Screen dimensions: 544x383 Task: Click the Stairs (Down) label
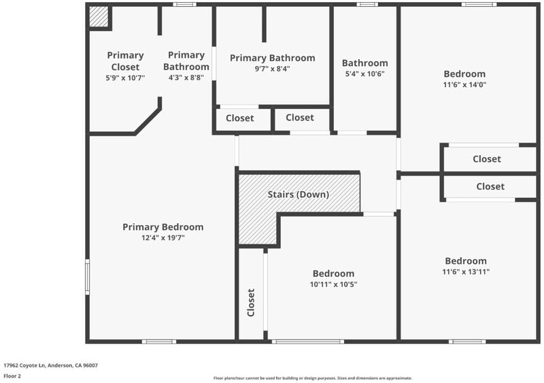pos(299,195)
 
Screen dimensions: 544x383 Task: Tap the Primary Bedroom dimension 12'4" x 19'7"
pos(163,238)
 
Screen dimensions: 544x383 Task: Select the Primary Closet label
pos(125,61)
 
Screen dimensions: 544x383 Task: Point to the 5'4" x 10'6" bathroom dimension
pos(364,73)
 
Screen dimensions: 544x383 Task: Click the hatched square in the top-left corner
pos(99,16)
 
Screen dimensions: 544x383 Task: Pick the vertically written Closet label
pos(251,303)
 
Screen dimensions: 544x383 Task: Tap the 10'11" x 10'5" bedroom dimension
pos(333,284)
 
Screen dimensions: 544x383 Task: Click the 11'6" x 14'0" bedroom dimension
pos(464,84)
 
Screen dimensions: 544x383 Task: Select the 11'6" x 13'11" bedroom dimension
pos(466,271)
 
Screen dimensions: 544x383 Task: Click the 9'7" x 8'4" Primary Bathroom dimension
pos(273,69)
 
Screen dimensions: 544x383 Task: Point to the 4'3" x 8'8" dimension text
pos(186,78)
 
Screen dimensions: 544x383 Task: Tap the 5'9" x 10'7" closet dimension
pos(125,78)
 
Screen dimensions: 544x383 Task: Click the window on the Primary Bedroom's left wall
pos(88,277)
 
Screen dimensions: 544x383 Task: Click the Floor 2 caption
pos(12,376)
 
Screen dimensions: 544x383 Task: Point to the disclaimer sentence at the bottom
pos(313,378)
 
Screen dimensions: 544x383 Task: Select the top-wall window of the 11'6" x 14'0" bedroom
pos(479,5)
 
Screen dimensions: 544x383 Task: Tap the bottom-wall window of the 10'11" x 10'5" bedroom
pos(308,342)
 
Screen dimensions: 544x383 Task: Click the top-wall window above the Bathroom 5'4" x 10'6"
pos(367,5)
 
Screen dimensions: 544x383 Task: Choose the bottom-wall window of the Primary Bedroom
pos(159,342)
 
